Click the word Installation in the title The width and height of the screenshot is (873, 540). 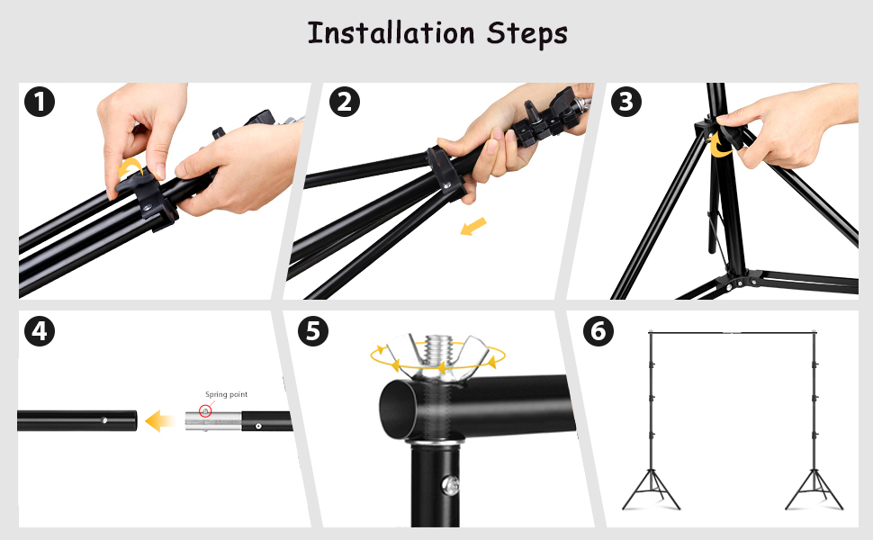391,32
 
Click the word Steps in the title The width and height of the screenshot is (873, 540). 527,34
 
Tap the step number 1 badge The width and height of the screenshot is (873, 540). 40,102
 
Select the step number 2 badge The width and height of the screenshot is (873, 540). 344,102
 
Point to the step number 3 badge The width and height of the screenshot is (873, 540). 625,102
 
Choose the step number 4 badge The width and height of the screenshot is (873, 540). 40,331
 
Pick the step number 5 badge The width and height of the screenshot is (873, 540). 313,331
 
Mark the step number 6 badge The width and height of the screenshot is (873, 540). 598,331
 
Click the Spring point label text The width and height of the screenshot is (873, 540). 226,395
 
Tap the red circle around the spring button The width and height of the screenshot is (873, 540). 205,411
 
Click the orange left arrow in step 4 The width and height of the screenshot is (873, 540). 160,421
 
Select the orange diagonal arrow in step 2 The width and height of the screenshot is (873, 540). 473,227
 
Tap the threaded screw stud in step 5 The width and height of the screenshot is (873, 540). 438,351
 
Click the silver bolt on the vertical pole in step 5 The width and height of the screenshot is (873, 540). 450,485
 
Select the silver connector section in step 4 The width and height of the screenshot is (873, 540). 213,421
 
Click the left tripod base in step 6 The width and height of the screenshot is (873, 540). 651,490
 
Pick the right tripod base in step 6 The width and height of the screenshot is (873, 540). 814,490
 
